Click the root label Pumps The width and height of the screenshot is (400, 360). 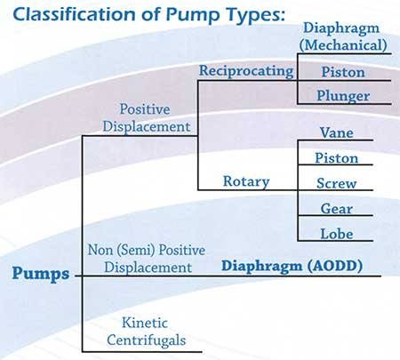[x=41, y=274]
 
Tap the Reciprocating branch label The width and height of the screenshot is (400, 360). [x=246, y=71]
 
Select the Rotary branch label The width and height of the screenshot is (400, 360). [x=246, y=181]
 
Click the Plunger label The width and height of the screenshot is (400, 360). [x=343, y=96]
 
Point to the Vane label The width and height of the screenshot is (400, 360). [x=337, y=132]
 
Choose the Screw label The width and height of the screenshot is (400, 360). [x=337, y=183]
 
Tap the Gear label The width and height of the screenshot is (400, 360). [x=337, y=209]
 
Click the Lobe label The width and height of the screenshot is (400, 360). [x=337, y=234]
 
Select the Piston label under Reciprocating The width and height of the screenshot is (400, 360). [x=343, y=72]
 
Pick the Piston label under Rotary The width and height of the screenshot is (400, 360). [x=337, y=158]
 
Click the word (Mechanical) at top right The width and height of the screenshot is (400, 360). [x=343, y=45]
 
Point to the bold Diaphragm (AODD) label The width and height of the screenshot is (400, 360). [x=292, y=266]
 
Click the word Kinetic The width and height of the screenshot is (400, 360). [x=145, y=323]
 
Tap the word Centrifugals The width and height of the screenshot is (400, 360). [x=147, y=340]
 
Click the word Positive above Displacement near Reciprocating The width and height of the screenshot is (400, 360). [x=145, y=109]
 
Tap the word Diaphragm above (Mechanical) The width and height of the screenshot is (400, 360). [x=341, y=29]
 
